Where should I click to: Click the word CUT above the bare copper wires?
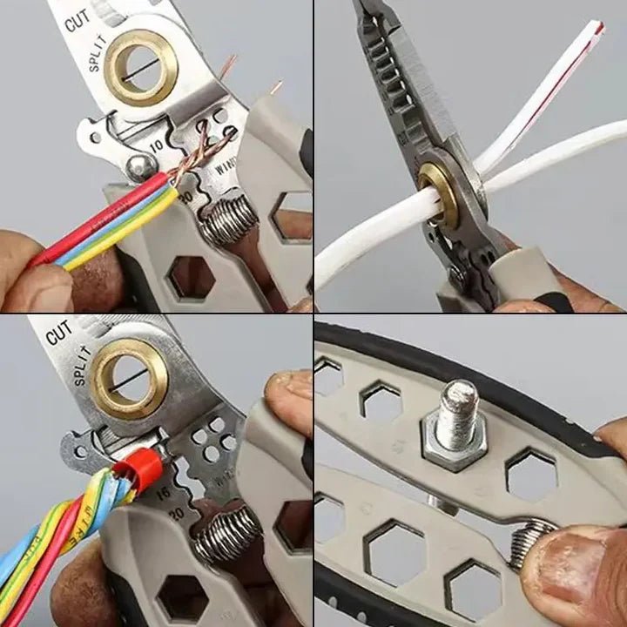[77, 21]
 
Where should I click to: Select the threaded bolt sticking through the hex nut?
[460, 411]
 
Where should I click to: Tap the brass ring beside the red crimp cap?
[131, 378]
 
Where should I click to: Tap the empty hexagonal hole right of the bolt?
[530, 474]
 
